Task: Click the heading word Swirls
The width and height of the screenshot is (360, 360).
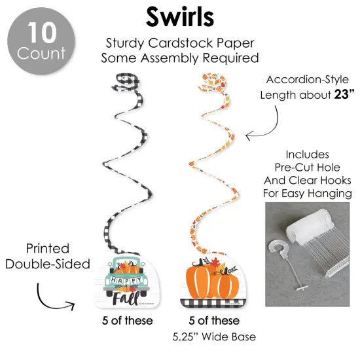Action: [x=180, y=17]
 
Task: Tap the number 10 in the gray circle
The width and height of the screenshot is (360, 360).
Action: [x=42, y=33]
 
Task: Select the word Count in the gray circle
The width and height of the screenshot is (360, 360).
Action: [x=41, y=53]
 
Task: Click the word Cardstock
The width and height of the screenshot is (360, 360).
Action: [x=181, y=43]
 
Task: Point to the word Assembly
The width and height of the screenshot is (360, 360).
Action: [x=170, y=58]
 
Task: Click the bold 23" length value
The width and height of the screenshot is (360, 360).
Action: [x=344, y=94]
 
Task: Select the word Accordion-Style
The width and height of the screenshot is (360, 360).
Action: [x=308, y=80]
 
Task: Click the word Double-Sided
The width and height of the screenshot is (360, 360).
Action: [x=48, y=264]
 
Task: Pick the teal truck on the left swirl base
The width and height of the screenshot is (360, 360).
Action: [x=126, y=277]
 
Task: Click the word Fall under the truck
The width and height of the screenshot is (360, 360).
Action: [x=126, y=298]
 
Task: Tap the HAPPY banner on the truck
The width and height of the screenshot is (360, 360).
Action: [x=126, y=281]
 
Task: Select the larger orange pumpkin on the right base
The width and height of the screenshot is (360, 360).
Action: [x=199, y=281]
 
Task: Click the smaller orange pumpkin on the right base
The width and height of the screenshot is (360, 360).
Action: [x=225, y=285]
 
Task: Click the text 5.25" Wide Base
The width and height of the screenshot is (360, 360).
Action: [x=214, y=337]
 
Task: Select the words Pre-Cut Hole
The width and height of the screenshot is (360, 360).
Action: [x=308, y=168]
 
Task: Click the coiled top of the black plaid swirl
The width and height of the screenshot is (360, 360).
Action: [x=126, y=82]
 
